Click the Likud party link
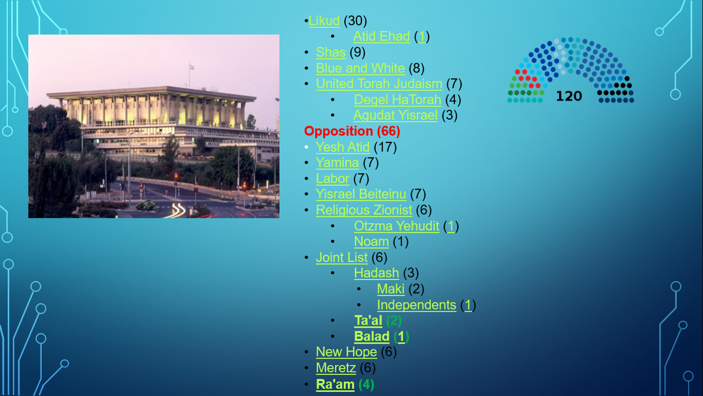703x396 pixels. tap(324, 21)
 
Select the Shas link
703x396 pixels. tap(331, 52)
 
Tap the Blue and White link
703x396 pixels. tap(360, 68)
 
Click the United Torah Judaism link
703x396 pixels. tap(379, 84)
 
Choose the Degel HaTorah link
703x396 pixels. tap(398, 99)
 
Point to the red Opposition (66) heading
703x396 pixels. tap(352, 131)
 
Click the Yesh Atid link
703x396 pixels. tap(343, 147)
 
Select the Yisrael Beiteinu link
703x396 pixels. tap(361, 194)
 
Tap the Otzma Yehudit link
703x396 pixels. tap(396, 226)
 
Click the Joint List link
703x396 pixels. tap(342, 257)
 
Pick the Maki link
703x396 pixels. tap(391, 289)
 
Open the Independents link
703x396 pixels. tap(417, 305)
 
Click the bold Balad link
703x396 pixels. tap(372, 336)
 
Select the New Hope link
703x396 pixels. tap(346, 352)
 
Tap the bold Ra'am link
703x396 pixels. tap(335, 385)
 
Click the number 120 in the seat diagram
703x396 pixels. tap(569, 96)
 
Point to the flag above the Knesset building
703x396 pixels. tap(192, 67)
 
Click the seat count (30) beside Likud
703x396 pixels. tap(355, 21)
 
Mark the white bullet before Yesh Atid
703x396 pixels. tap(307, 147)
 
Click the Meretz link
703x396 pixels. tap(336, 368)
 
